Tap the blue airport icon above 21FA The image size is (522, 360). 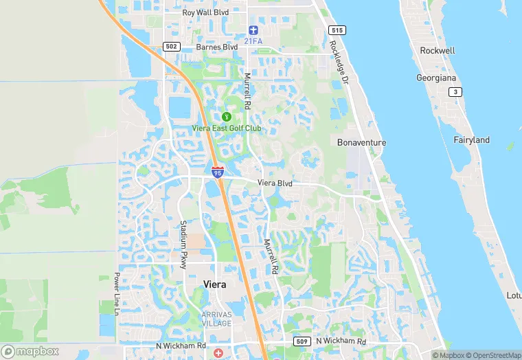click(x=253, y=30)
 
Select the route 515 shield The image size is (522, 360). click(x=337, y=30)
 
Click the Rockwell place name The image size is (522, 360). click(x=438, y=51)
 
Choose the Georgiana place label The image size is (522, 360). click(x=435, y=78)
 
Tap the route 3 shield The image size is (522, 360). click(x=453, y=92)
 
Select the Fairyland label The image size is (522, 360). click(x=472, y=140)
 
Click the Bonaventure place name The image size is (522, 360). click(x=361, y=143)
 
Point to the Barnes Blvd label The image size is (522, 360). click(x=216, y=47)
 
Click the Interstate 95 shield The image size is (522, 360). click(x=217, y=172)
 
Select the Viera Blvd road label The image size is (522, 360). click(x=275, y=183)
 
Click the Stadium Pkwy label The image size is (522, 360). click(x=183, y=244)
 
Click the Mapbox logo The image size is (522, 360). click(x=30, y=351)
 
